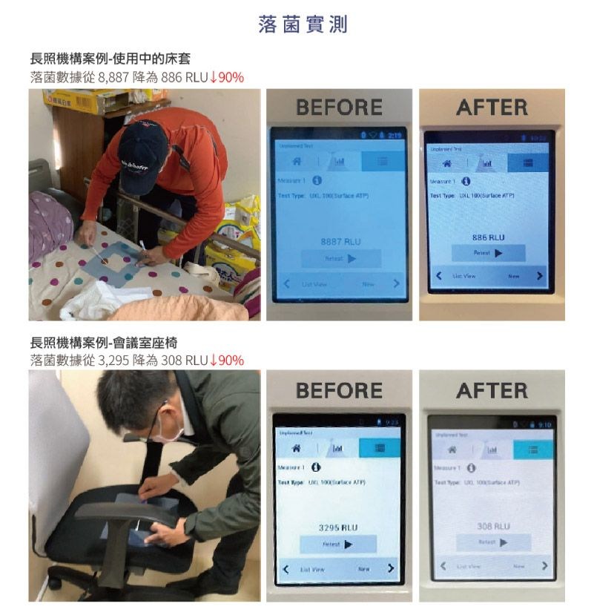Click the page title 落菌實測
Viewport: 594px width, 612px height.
pos(303,25)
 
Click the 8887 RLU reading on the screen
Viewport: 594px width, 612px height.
pos(340,242)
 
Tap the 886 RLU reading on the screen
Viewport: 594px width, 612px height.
pos(488,237)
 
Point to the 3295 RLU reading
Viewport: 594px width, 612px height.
pos(338,527)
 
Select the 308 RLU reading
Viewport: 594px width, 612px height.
pos(493,526)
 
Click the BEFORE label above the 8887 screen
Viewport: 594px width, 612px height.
pos(339,108)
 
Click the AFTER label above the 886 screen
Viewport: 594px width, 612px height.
pos(492,108)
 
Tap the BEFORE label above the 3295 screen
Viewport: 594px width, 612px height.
pos(339,390)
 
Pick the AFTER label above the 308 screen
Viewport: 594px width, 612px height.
pos(492,390)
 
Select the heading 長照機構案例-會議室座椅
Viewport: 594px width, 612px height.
pos(104,343)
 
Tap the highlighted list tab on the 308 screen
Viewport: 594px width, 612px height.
pos(533,450)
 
